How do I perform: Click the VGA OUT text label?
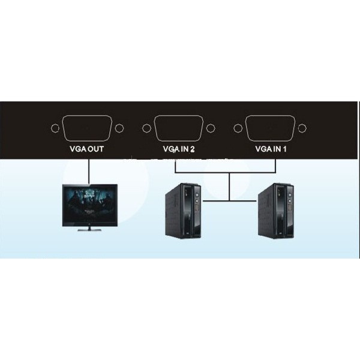pos(86,149)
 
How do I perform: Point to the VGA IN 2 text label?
pos(179,149)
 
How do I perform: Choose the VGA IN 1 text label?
pos(271,149)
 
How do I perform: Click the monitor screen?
pos(90,205)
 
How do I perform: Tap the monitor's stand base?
pos(89,229)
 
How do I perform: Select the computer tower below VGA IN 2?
pos(183,211)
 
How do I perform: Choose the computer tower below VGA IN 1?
pos(276,211)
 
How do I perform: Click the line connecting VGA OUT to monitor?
pos(88,171)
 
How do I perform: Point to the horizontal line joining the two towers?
pos(230,201)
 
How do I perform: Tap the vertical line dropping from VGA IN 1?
pos(275,166)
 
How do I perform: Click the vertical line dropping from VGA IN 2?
pos(175,166)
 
